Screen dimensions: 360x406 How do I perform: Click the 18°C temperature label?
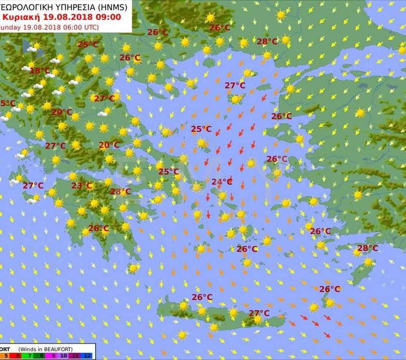(x=40, y=71)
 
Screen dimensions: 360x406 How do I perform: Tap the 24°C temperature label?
(x=222, y=182)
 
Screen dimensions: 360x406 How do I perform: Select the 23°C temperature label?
(x=82, y=186)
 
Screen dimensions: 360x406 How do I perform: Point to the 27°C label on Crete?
(x=259, y=313)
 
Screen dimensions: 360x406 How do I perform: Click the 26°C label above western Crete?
(x=202, y=297)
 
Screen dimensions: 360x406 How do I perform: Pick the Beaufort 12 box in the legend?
(x=87, y=356)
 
